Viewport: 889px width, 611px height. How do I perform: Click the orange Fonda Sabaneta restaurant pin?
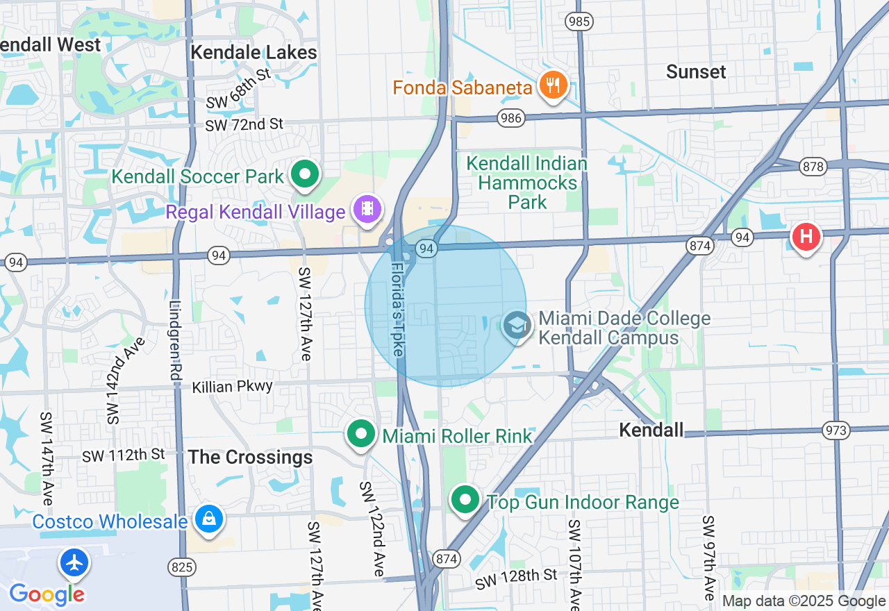coord(553,86)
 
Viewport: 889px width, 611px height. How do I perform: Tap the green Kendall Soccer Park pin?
coord(304,175)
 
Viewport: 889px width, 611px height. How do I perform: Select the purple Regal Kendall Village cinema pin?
coord(367,209)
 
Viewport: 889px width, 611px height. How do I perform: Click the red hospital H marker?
coord(806,237)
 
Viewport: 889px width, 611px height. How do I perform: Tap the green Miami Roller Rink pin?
coord(361,435)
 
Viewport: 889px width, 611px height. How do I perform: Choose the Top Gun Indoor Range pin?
coord(465,500)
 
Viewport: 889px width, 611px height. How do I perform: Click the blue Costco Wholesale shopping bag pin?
coord(208,520)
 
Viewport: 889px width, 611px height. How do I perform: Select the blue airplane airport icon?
coord(74,562)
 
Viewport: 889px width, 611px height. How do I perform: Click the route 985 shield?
coord(579,22)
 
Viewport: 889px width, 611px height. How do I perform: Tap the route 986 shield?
coord(510,119)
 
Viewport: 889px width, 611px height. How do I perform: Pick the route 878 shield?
coord(812,167)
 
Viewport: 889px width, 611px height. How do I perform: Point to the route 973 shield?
coord(836,430)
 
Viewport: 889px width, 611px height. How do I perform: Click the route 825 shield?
coord(181,567)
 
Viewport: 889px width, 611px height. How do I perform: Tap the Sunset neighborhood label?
coord(695,72)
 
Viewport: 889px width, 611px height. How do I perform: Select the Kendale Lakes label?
coord(254,53)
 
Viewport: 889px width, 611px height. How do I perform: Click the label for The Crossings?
coord(250,458)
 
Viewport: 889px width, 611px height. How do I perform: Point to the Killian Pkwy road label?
coord(233,387)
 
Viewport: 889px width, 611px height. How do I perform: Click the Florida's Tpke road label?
coord(397,308)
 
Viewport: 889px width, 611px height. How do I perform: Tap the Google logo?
coord(47,594)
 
